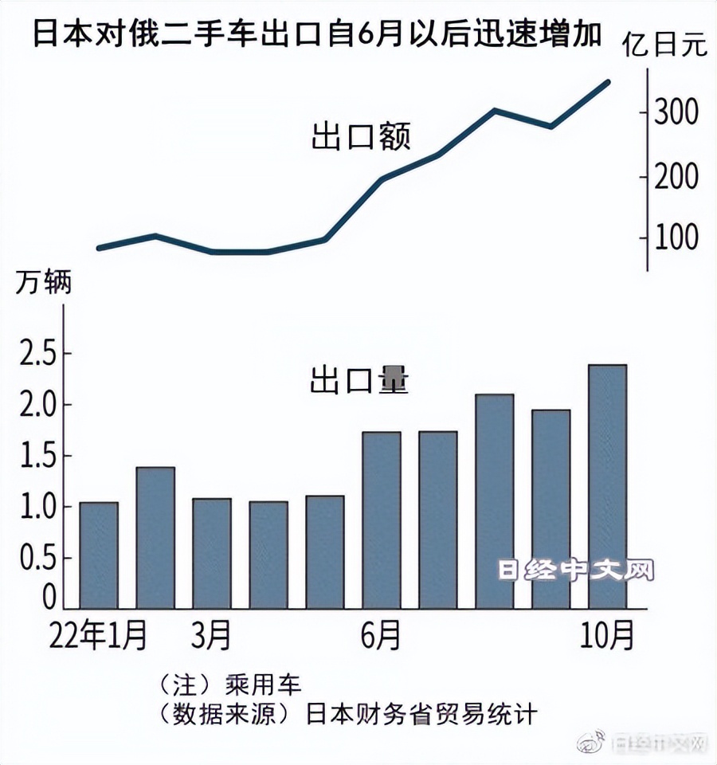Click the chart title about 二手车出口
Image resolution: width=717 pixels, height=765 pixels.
click(x=315, y=37)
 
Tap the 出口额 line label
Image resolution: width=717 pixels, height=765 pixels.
click(x=361, y=137)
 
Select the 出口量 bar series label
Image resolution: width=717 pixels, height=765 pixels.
click(x=359, y=382)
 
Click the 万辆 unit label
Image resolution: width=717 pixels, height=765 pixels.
click(x=44, y=282)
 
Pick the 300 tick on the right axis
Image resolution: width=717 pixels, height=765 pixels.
click(x=676, y=112)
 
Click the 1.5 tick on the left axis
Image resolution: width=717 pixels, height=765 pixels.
click(x=39, y=457)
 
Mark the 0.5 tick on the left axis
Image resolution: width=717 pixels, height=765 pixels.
click(x=39, y=559)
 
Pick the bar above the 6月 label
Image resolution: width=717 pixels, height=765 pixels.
click(x=382, y=521)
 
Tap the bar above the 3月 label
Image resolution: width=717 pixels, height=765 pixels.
click(x=212, y=555)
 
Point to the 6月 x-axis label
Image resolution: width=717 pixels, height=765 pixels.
click(x=381, y=636)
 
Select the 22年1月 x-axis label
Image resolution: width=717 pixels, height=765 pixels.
click(x=97, y=636)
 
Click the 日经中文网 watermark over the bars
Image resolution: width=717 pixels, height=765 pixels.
click(x=575, y=571)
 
